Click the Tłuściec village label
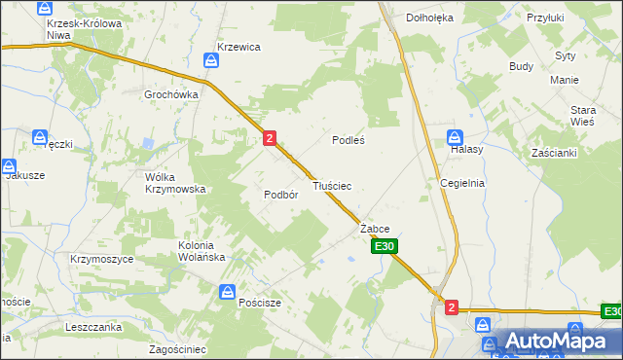coord(332,185)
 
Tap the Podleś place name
coord(348,140)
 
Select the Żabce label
coord(375,229)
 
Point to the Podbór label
coord(280,194)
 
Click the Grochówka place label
coord(171,94)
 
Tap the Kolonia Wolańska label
coord(202,251)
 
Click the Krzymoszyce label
coord(99,260)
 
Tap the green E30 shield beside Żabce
coord(383,247)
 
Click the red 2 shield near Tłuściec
coord(269,139)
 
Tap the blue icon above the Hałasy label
coord(455,136)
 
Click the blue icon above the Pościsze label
coord(227,291)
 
